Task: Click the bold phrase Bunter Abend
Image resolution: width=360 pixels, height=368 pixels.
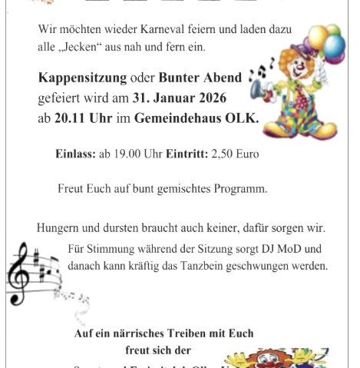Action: point(200,78)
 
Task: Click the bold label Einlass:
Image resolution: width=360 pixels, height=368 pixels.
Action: point(75,154)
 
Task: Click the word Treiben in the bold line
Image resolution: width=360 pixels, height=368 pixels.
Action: point(193,333)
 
